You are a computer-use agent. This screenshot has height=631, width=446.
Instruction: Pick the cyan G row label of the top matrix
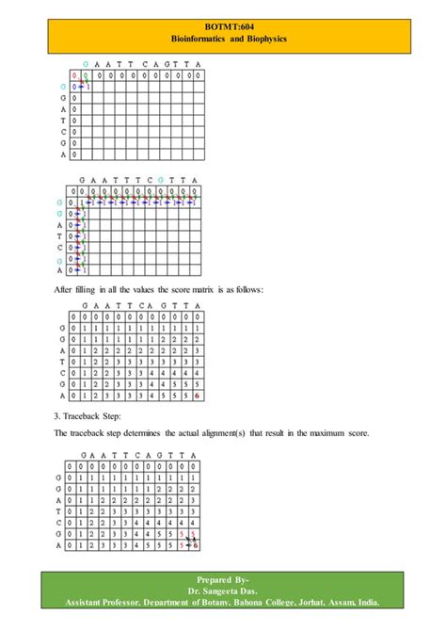click(62, 86)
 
